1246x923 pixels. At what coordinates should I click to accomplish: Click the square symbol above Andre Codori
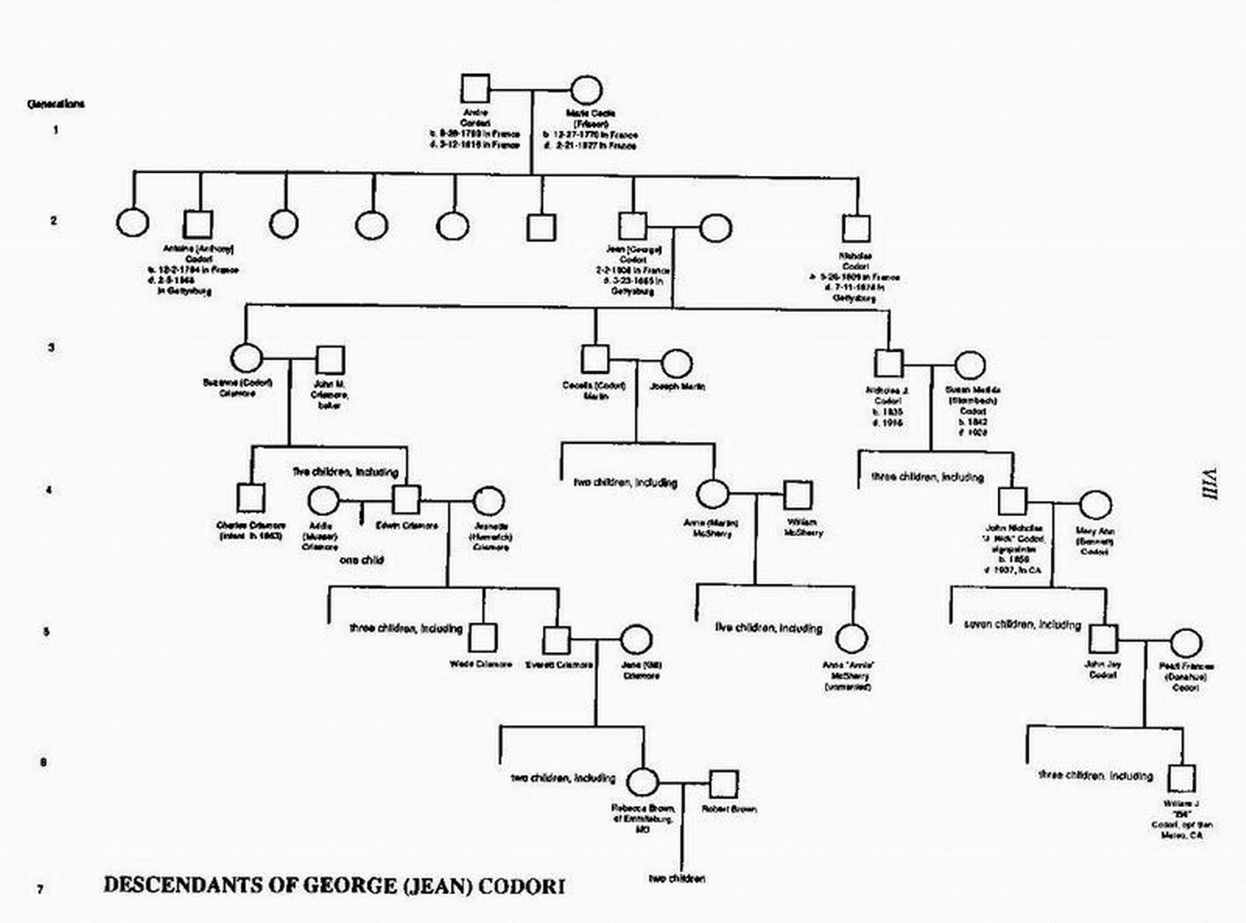[x=475, y=90]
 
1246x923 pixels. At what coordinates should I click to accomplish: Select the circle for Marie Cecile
[x=587, y=91]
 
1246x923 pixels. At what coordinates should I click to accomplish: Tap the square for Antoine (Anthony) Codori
[x=200, y=224]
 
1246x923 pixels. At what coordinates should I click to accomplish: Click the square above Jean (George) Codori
[x=632, y=227]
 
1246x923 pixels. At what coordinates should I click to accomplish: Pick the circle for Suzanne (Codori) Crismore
[x=246, y=359]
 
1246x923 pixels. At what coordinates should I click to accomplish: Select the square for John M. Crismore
[x=330, y=359]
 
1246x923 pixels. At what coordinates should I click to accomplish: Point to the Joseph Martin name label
[x=677, y=386]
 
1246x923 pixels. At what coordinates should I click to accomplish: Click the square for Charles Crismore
[x=251, y=498]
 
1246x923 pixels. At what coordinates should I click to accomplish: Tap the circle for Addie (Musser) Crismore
[x=323, y=501]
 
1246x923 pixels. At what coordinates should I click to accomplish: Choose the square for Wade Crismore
[x=482, y=638]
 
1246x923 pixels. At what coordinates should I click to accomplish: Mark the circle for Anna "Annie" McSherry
[x=850, y=639]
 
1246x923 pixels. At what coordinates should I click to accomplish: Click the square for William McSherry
[x=797, y=495]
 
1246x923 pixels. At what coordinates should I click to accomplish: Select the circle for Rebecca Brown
[x=643, y=781]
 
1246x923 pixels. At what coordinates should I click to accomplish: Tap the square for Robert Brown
[x=724, y=782]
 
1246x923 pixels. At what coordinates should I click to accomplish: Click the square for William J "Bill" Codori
[x=1181, y=778]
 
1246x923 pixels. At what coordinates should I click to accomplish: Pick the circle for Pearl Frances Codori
[x=1186, y=643]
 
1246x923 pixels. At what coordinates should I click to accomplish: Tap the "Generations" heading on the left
[x=56, y=104]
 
